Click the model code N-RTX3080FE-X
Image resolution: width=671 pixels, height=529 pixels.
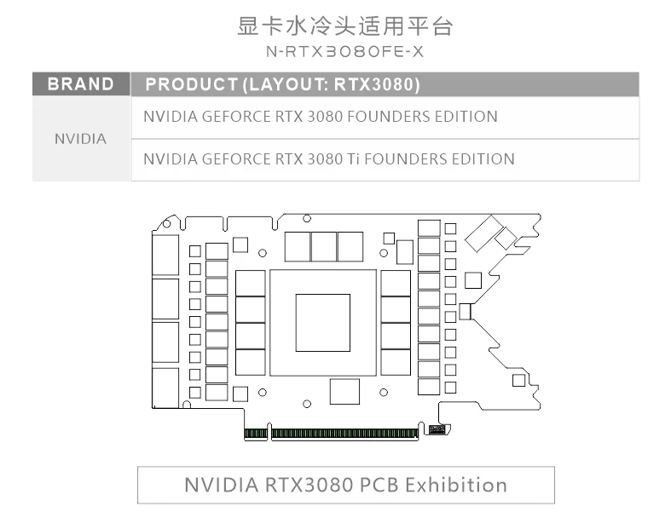[x=344, y=52]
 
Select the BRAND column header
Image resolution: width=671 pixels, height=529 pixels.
[x=81, y=84]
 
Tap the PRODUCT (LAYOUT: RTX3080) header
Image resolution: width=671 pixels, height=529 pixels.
[x=282, y=84]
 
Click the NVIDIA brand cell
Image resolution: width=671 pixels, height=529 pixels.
[x=81, y=138]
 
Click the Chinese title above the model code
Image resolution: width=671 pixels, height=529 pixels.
[x=344, y=26]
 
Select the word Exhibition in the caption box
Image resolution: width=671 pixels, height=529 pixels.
[x=455, y=486]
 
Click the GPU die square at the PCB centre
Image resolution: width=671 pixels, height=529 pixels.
[x=323, y=321]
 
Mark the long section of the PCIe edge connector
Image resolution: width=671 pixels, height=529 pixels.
[x=344, y=434]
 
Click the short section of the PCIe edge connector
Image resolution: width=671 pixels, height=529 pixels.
[x=256, y=434]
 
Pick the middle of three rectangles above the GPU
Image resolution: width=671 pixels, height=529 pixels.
[x=324, y=246]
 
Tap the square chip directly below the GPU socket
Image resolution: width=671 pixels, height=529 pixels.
[x=344, y=392]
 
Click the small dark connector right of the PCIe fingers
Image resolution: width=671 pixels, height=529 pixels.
[x=437, y=429]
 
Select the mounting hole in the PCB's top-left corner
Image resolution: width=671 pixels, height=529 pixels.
[x=166, y=224]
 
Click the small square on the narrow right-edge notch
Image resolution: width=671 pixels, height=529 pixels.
[x=465, y=312]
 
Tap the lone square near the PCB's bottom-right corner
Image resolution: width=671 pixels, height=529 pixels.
[x=518, y=380]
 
